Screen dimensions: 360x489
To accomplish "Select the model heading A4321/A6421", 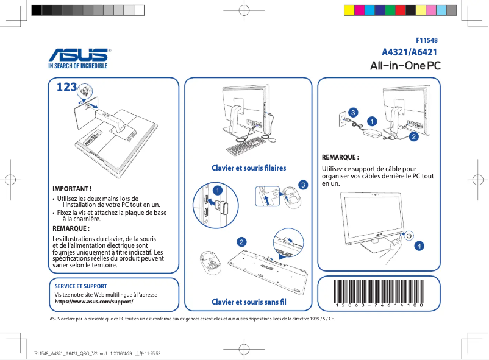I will [x=410, y=52].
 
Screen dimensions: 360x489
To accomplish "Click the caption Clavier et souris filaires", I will [x=248, y=168].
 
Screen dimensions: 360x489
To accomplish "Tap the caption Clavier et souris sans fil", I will [x=248, y=302].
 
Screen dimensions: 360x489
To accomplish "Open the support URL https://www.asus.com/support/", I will [x=94, y=302].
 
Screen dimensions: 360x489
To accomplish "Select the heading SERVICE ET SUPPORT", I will [x=81, y=286].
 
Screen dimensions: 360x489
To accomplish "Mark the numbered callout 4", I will [x=418, y=246].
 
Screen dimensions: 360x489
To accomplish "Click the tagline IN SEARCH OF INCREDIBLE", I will [x=77, y=65].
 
